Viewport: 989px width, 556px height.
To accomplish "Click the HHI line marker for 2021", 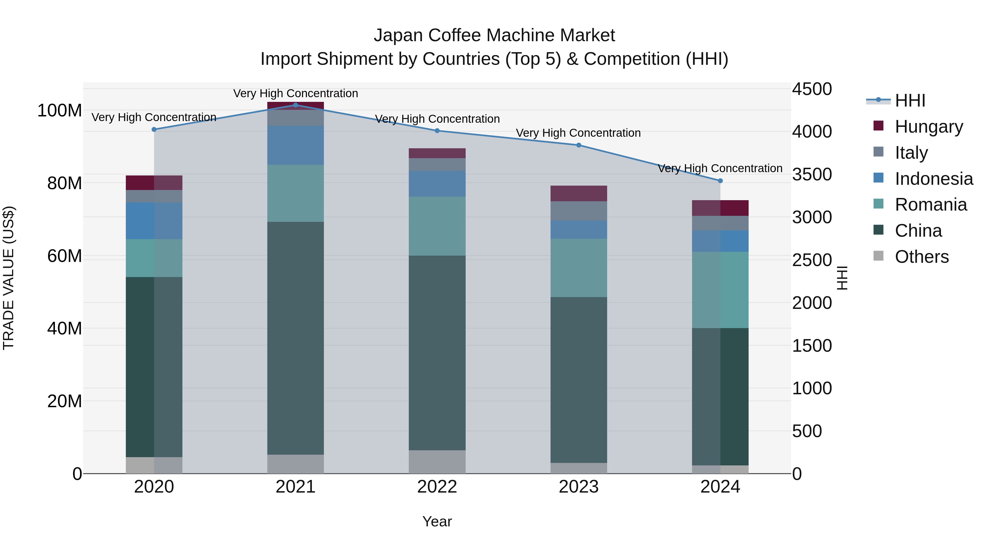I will (295, 105).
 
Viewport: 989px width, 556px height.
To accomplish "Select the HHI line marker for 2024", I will (720, 181).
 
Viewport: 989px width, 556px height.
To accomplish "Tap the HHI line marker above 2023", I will (579, 145).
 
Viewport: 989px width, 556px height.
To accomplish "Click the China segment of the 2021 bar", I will (295, 338).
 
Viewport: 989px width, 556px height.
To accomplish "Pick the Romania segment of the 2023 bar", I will (579, 267).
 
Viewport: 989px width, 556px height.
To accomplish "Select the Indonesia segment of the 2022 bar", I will (437, 183).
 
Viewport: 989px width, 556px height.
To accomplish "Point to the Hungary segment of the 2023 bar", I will (579, 193).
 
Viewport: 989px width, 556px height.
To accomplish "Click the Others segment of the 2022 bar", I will (437, 462).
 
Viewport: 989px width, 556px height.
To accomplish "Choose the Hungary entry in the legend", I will (929, 127).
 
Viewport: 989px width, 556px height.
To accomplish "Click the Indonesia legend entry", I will (934, 179).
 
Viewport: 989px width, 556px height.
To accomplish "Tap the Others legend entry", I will (921, 257).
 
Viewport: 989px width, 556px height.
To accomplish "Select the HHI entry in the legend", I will (910, 100).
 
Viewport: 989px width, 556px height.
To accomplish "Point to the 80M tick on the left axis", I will (64, 183).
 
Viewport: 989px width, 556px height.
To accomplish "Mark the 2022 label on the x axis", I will (437, 487).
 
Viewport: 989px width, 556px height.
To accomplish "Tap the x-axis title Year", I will (437, 521).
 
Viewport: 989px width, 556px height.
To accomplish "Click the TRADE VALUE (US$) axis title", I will (9, 278).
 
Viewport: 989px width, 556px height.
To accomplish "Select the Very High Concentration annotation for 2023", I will (578, 133).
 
